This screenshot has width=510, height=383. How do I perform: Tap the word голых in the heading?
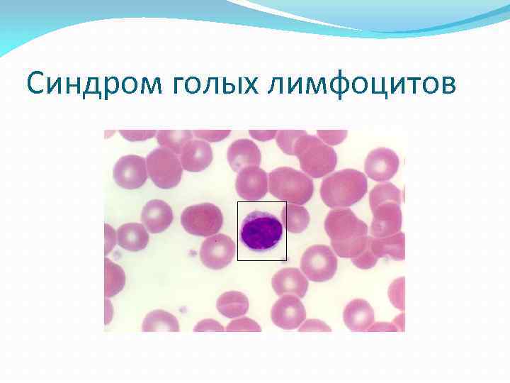point(212,87)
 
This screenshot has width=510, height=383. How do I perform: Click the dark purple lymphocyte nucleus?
point(261,233)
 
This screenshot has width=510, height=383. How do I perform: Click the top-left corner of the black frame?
point(238,202)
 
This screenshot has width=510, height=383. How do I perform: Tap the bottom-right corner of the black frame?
point(286,260)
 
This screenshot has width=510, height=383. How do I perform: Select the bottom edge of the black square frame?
point(262,260)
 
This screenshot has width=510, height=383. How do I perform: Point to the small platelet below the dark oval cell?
point(191,252)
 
